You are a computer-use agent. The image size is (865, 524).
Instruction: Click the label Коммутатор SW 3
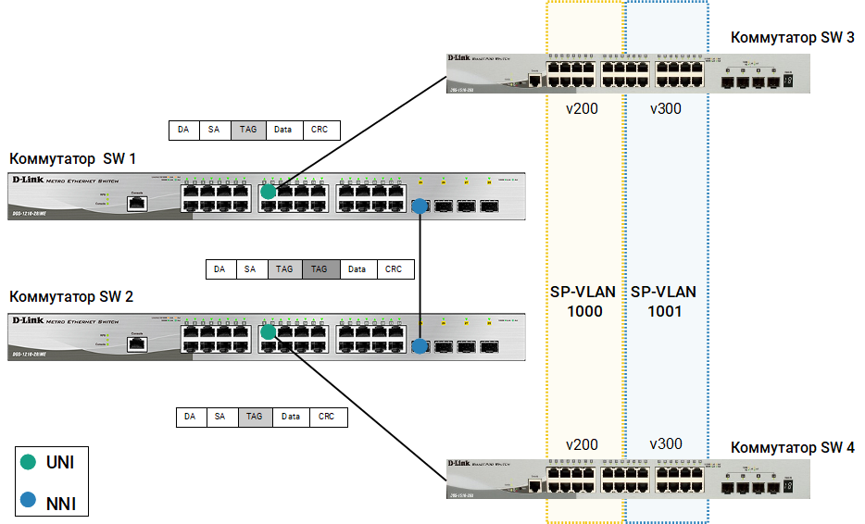pyautogui.click(x=792, y=38)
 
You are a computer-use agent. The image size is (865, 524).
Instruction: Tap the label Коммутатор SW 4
pyautogui.click(x=792, y=448)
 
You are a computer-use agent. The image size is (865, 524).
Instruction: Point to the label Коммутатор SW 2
pyautogui.click(x=71, y=297)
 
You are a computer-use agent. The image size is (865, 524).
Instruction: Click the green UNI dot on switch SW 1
pyautogui.click(x=268, y=192)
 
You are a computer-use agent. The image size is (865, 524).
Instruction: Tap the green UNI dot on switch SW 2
pyautogui.click(x=268, y=331)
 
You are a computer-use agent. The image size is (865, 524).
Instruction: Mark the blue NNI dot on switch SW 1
pyautogui.click(x=420, y=206)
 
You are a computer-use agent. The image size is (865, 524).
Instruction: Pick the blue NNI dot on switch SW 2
pyautogui.click(x=420, y=346)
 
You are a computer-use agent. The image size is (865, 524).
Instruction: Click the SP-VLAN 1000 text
pyautogui.click(x=583, y=302)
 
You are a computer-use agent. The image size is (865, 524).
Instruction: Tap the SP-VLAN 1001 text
pyautogui.click(x=664, y=302)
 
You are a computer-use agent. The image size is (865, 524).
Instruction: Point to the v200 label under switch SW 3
pyautogui.click(x=582, y=108)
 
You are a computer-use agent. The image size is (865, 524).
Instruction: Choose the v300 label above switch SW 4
pyautogui.click(x=665, y=444)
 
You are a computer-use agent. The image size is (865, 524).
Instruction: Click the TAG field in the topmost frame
pyautogui.click(x=248, y=130)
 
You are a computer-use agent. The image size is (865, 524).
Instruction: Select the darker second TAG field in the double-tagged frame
pyautogui.click(x=320, y=269)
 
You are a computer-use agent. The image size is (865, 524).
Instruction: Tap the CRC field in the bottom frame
pyautogui.click(x=327, y=417)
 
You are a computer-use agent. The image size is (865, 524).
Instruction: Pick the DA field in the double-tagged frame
pyautogui.click(x=219, y=269)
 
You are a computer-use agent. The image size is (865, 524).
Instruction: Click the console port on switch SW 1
pyautogui.click(x=136, y=202)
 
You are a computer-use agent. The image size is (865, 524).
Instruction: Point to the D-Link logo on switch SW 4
pyautogui.click(x=463, y=463)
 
